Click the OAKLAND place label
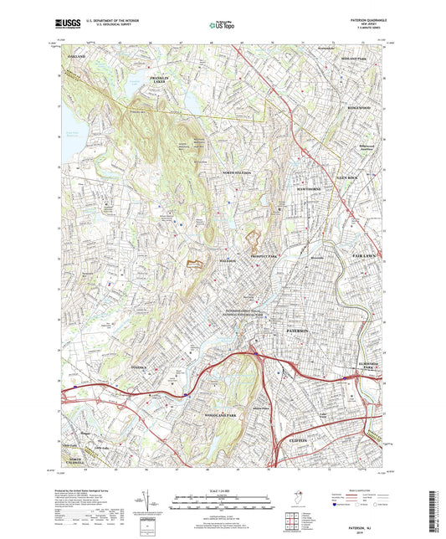pyautogui.click(x=76, y=56)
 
